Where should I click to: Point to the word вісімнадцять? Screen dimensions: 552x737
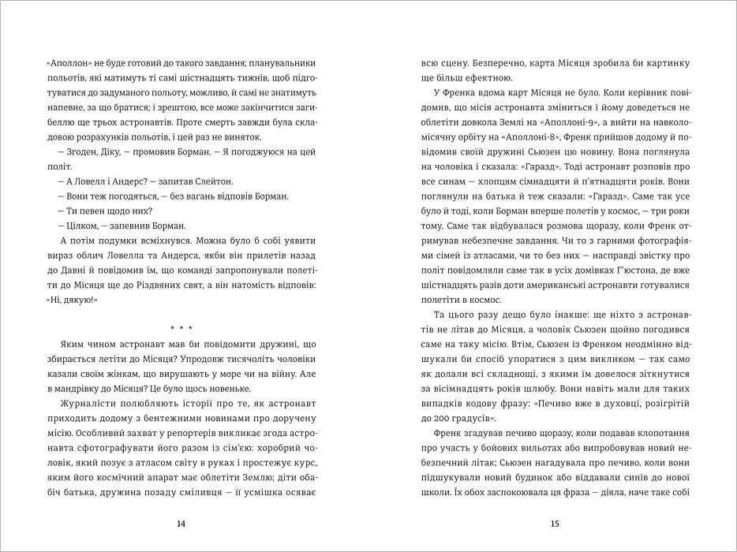pos(466,388)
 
